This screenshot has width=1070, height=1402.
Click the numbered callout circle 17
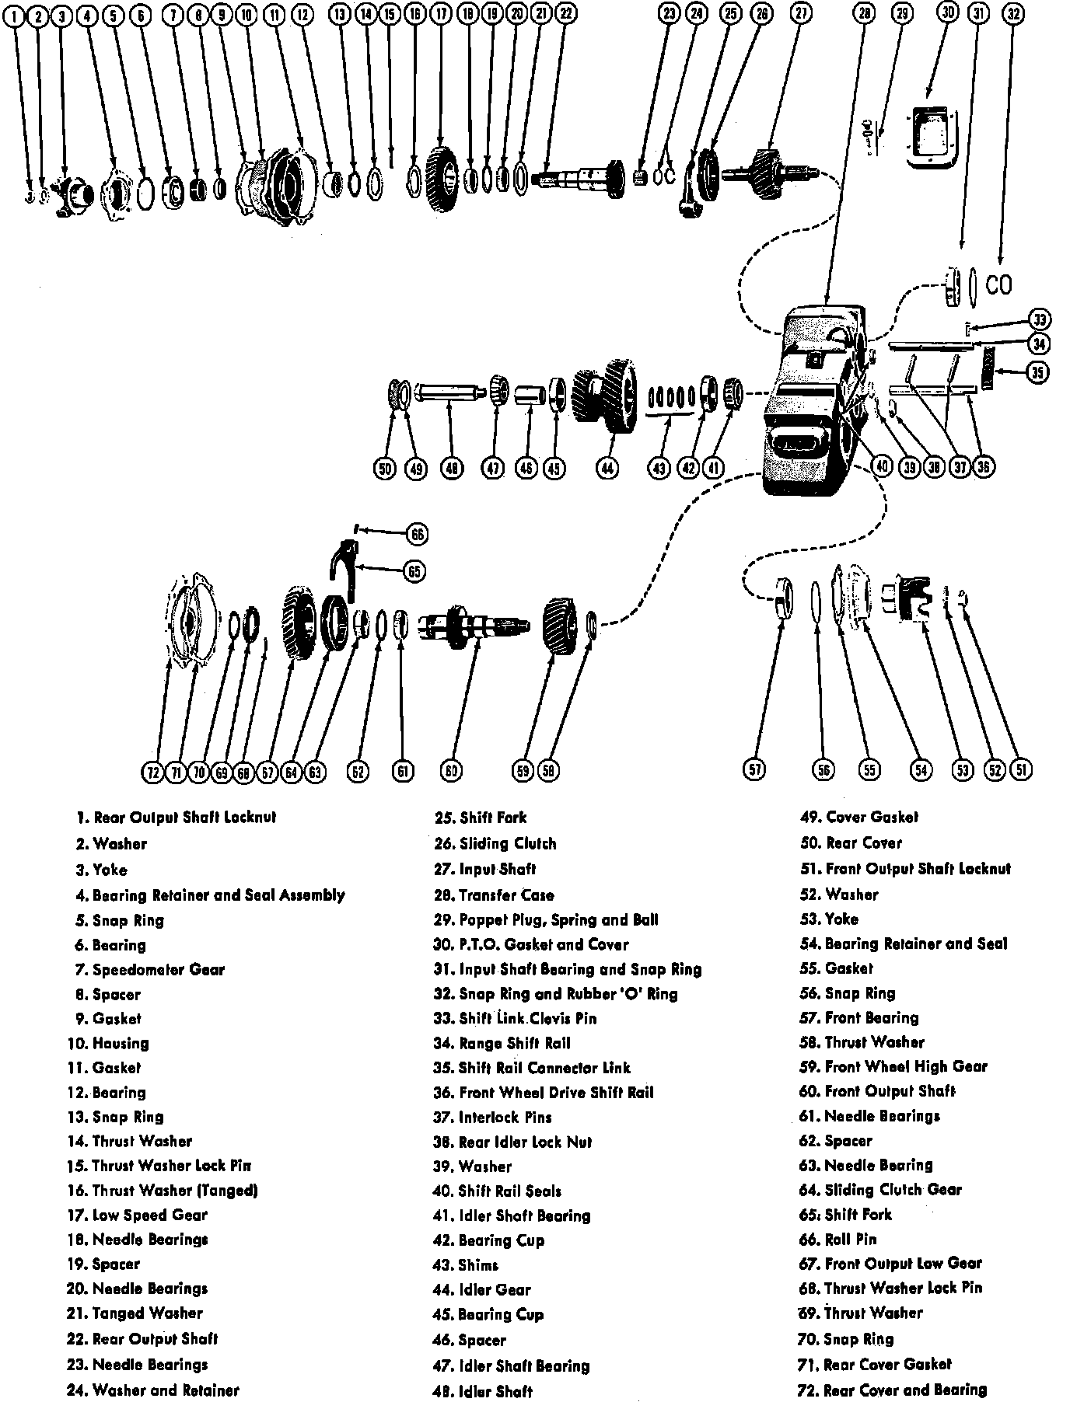point(442,13)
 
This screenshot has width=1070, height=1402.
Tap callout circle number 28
point(864,13)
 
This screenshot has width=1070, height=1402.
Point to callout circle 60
point(451,770)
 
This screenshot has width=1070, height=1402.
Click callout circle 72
point(152,772)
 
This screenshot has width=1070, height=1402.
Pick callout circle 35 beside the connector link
point(1037,372)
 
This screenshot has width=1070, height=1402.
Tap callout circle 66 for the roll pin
point(418,534)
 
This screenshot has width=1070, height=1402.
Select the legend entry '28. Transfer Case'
point(495,895)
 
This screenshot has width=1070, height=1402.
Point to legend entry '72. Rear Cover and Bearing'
point(893,1389)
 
